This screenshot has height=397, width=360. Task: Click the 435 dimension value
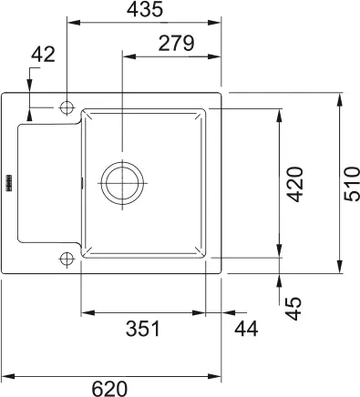[x=145, y=9]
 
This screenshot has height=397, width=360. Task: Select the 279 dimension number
[x=176, y=43]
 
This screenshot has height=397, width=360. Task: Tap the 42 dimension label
[x=44, y=55]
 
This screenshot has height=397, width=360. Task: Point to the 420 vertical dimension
[x=295, y=184]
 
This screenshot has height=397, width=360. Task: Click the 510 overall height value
[x=352, y=184]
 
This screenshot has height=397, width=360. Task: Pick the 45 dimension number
[x=294, y=309]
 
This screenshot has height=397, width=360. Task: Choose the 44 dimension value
[x=246, y=329]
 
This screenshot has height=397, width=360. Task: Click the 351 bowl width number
[x=143, y=329]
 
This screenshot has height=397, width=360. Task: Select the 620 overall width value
[x=109, y=389]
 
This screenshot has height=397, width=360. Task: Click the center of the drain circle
[x=122, y=183]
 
